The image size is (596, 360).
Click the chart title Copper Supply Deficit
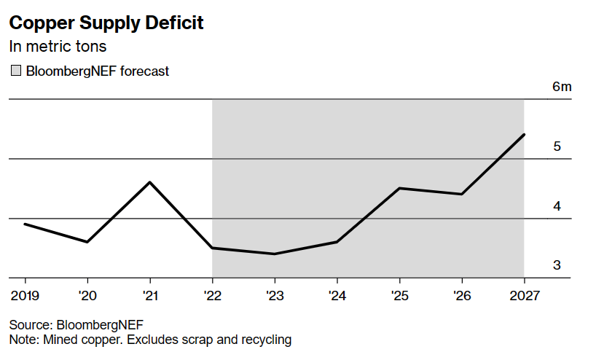pos(106,23)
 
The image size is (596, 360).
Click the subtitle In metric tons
pos(58,47)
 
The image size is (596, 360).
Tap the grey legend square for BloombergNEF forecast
pos(15,71)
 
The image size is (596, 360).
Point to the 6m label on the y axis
pos(562,87)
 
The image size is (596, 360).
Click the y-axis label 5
pos(557,146)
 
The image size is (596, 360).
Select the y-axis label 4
pos(557,206)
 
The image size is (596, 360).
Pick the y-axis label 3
pos(557,265)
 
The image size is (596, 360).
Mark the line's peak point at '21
pos(150,182)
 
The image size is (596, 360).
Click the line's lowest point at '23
pos(275,254)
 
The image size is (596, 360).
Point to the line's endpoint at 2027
pos(524,135)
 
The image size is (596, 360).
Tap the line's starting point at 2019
pos(26,224)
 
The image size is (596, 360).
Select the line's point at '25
pos(399,188)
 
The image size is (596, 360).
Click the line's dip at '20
pos(87,242)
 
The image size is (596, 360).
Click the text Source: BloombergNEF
pos(76,325)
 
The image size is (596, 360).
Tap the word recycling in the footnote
pos(267,340)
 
